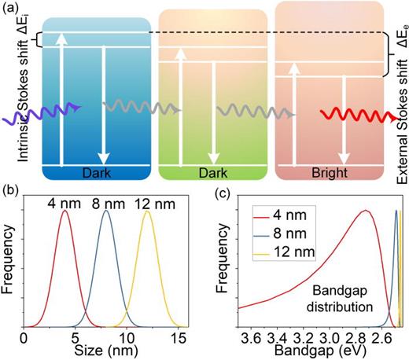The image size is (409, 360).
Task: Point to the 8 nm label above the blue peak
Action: click(x=107, y=200)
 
